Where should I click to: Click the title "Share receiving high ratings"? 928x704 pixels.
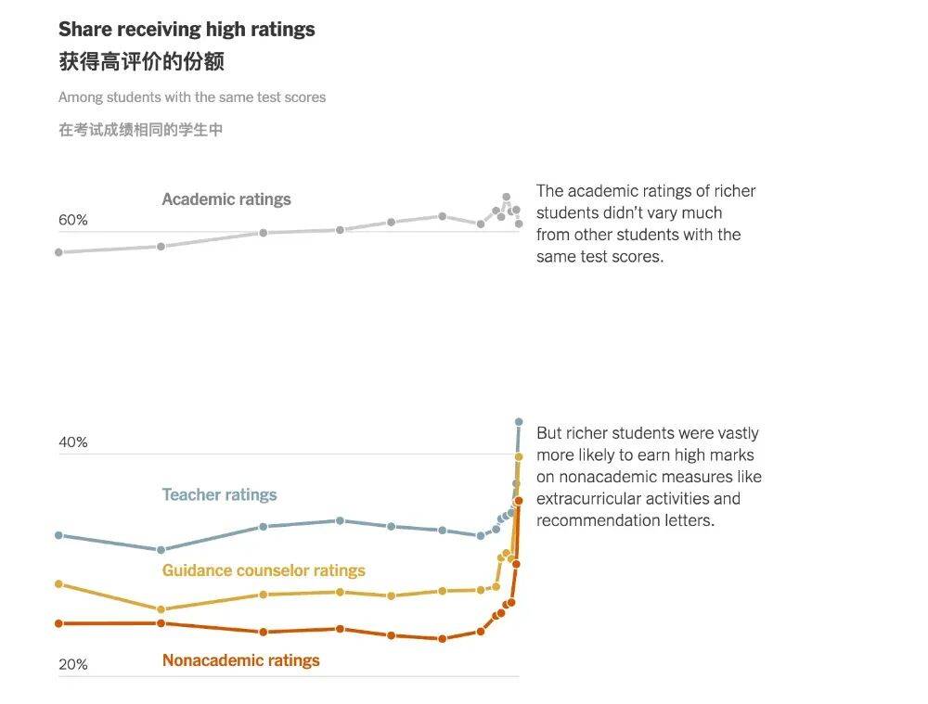click(187, 30)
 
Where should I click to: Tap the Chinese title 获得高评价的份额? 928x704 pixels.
click(141, 62)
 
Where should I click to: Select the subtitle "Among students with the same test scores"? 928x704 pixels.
click(192, 97)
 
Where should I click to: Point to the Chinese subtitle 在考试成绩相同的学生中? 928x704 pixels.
click(140, 130)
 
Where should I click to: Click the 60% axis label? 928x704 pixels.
click(73, 220)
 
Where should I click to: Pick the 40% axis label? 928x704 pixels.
click(73, 442)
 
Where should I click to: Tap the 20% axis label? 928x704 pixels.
click(73, 664)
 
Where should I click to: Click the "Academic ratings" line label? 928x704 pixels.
click(226, 199)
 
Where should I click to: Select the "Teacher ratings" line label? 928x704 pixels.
click(219, 495)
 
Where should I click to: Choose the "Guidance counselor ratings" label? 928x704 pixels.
click(264, 570)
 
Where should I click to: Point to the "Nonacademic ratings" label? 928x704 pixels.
click(240, 660)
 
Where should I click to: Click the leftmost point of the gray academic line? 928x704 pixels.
click(58, 252)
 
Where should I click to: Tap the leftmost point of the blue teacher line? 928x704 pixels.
click(58, 535)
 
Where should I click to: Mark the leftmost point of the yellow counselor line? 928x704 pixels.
click(58, 584)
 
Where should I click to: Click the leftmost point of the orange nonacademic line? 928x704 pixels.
click(58, 623)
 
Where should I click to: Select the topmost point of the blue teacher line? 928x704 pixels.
click(519, 422)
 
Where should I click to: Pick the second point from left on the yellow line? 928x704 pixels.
click(161, 609)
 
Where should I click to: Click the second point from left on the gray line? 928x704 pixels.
click(161, 247)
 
